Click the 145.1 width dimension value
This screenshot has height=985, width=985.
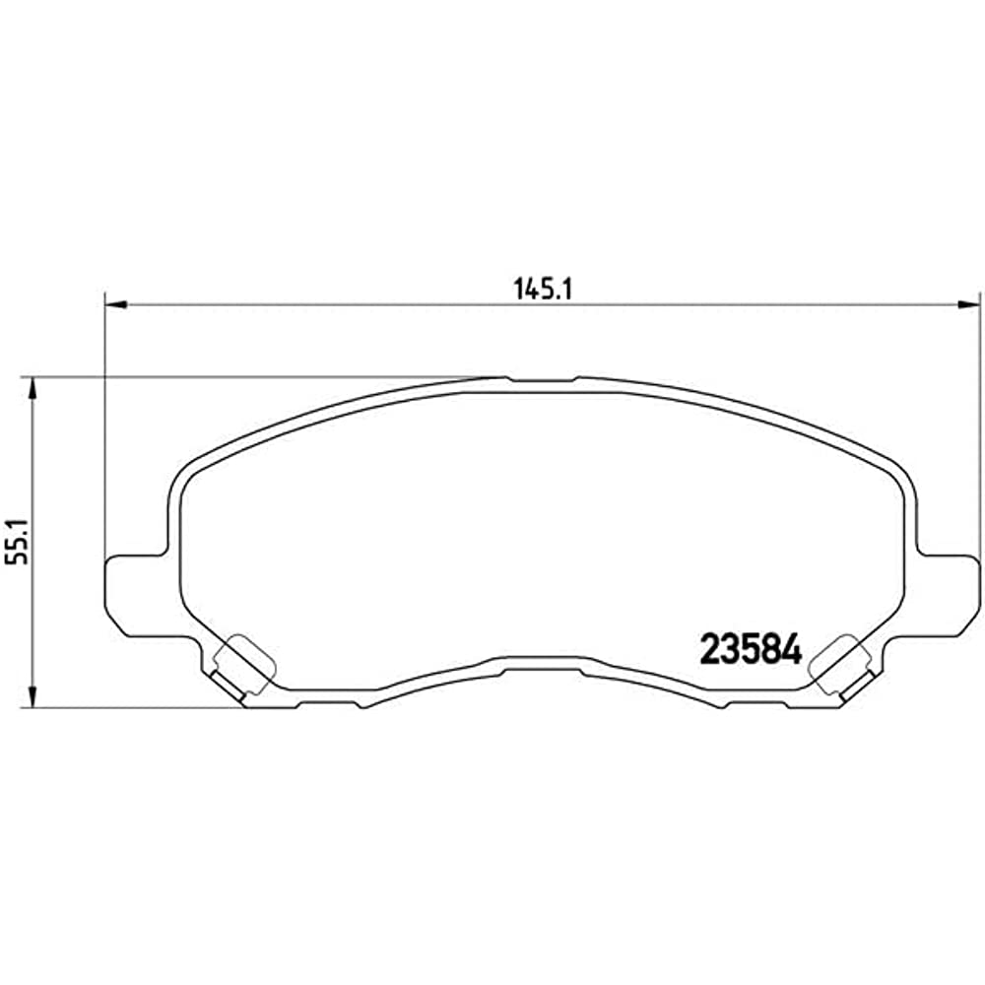(543, 289)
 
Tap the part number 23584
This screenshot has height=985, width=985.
(751, 648)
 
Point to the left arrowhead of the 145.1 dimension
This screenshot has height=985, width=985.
(116, 305)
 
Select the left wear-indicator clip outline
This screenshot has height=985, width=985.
(243, 665)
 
